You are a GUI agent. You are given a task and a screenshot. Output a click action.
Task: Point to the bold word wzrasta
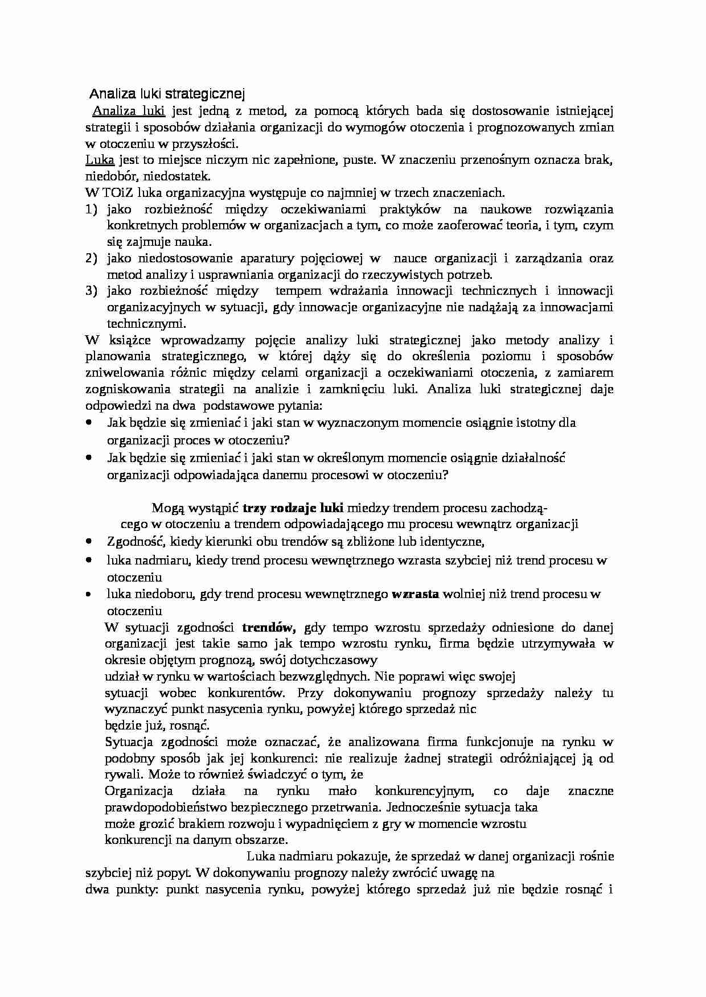pos(415,594)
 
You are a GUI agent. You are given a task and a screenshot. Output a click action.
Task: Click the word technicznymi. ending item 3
pos(146,324)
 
